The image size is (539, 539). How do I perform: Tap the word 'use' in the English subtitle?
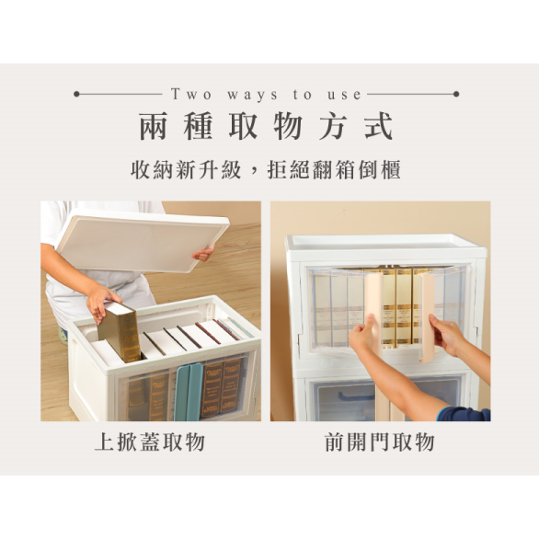(x=346, y=94)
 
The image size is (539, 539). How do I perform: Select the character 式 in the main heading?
(x=378, y=126)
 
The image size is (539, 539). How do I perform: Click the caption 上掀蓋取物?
(x=150, y=442)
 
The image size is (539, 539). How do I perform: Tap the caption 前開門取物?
(x=379, y=442)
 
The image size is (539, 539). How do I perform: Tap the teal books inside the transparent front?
(x=189, y=391)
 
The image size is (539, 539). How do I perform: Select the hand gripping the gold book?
(x=100, y=299)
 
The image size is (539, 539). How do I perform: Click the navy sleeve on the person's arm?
(x=464, y=413)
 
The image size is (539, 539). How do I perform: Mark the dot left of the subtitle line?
(x=76, y=94)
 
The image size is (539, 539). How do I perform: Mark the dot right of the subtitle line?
(x=456, y=94)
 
